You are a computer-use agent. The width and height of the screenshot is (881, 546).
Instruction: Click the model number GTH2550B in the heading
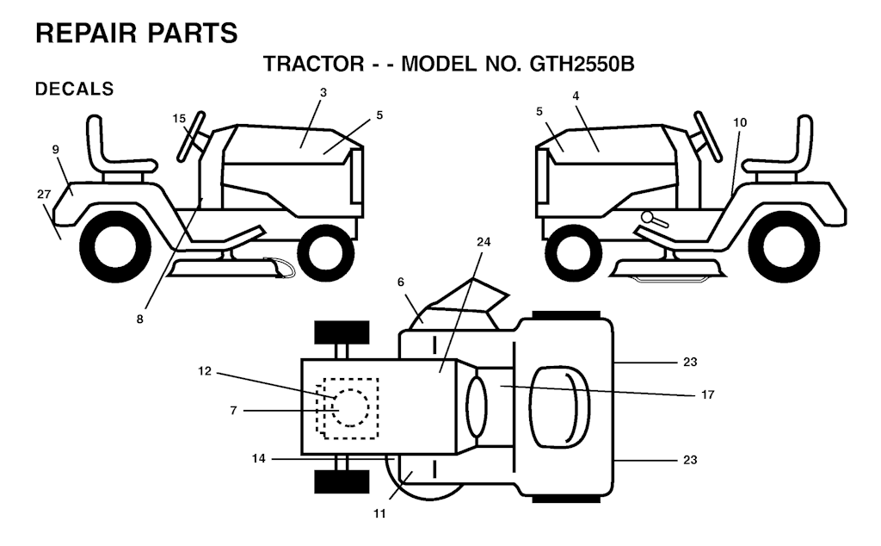(x=582, y=64)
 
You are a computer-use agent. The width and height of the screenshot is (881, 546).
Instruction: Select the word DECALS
(x=74, y=89)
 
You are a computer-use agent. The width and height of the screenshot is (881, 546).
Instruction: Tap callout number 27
(x=44, y=194)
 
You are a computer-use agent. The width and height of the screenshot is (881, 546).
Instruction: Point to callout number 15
(x=179, y=118)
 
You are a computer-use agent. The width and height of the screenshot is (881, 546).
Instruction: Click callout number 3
(x=323, y=92)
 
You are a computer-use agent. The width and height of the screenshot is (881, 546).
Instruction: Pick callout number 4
(x=576, y=96)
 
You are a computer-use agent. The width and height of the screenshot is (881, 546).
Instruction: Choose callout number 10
(x=740, y=122)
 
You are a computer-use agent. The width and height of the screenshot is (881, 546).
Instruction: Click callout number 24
(x=484, y=242)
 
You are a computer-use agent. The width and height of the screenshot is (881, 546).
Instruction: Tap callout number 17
(x=707, y=394)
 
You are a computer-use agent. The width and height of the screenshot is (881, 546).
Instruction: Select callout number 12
(x=205, y=371)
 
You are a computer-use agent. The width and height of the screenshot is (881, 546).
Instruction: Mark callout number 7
(x=233, y=411)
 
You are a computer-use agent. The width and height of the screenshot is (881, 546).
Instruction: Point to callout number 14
(x=258, y=459)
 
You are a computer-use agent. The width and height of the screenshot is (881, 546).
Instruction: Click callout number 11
(x=379, y=513)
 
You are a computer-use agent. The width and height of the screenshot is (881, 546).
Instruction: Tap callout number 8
(x=139, y=319)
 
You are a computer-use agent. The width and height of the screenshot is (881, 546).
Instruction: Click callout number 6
(x=401, y=282)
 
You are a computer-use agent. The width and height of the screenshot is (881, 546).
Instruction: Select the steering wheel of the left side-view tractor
(x=190, y=136)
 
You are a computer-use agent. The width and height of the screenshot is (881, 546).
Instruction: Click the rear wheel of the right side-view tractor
(x=784, y=247)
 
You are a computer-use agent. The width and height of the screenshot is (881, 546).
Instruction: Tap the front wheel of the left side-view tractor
(x=326, y=252)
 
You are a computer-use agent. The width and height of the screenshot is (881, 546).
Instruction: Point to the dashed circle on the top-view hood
(x=351, y=407)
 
